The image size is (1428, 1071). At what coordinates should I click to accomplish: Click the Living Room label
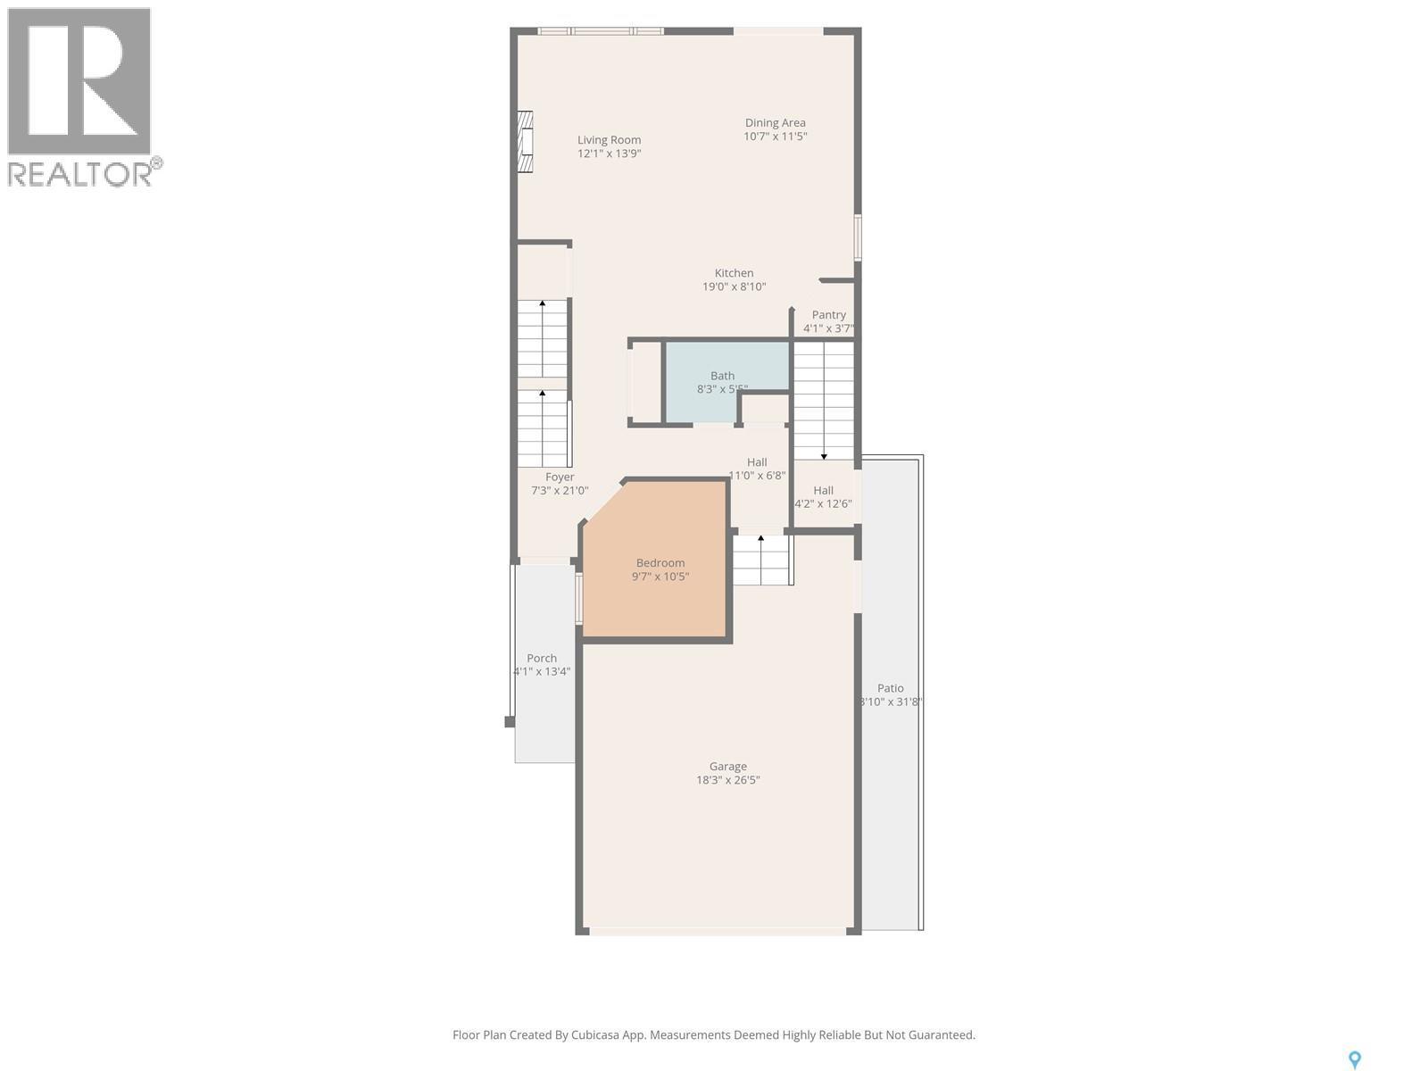609,140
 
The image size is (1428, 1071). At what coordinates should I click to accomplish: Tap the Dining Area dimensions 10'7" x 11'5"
775,137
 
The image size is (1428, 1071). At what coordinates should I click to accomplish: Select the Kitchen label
734,273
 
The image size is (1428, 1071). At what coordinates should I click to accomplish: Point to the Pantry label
828,315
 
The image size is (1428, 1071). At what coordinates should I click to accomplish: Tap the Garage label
727,766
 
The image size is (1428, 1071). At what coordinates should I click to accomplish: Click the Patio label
890,688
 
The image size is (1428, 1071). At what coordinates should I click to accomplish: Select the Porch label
542,658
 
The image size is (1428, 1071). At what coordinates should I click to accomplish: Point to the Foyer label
560,477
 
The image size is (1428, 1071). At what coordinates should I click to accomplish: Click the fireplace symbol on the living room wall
526,141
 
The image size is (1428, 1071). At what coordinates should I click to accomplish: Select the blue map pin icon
1354,1059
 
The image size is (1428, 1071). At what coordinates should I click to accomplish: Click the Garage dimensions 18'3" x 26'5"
727,780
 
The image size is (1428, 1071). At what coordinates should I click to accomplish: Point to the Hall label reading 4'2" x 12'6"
823,491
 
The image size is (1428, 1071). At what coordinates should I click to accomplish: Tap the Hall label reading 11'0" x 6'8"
757,462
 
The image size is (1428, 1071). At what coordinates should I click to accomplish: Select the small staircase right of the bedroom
762,560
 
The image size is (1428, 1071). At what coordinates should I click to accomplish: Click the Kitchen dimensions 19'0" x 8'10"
734,287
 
